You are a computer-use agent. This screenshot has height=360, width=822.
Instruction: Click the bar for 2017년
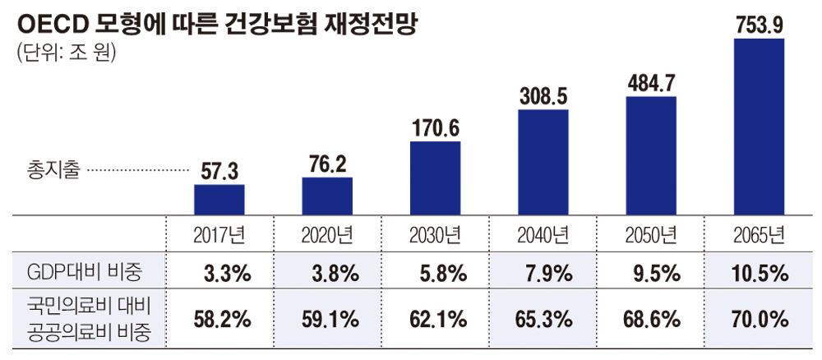pos(219,200)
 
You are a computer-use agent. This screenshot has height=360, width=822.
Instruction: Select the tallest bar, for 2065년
pos(759,127)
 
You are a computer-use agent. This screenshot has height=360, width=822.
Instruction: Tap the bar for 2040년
pos(543,162)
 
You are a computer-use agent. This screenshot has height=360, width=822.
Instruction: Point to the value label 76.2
pos(327,164)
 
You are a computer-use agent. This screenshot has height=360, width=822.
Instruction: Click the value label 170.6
pos(435,127)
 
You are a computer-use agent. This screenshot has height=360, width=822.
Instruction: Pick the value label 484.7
pos(651,83)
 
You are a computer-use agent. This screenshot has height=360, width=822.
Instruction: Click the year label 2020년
pos(327,236)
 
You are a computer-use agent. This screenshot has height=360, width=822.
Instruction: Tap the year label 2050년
pos(651,236)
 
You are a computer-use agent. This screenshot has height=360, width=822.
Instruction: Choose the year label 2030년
pos(435,236)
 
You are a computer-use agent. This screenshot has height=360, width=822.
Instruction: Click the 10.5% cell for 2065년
pos(759,272)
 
